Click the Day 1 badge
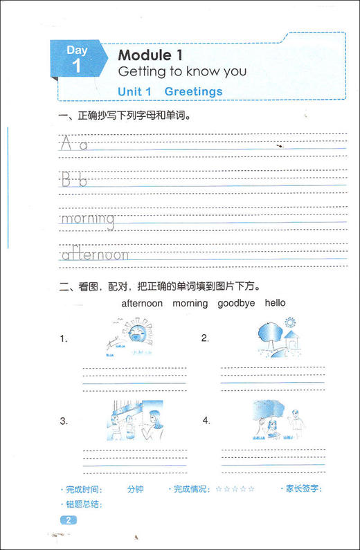(x=77, y=58)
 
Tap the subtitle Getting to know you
(x=181, y=71)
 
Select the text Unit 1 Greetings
(x=170, y=91)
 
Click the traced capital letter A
(x=66, y=143)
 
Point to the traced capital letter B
(x=66, y=181)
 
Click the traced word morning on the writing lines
(x=87, y=219)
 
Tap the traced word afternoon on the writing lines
(x=95, y=255)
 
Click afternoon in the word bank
(x=142, y=303)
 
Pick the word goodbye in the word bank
(x=236, y=303)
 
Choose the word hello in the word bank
(x=275, y=303)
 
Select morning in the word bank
(x=190, y=303)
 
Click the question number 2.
(x=205, y=338)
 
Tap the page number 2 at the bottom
(x=69, y=520)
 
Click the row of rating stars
(x=235, y=489)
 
